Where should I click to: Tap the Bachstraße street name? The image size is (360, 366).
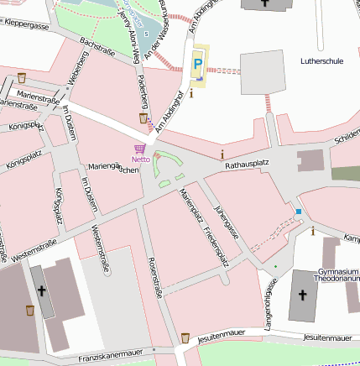97,44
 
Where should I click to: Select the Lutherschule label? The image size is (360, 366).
322,61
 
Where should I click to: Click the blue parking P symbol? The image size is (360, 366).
198,64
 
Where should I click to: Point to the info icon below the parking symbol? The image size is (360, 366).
192,93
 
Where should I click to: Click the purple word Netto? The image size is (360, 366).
140,159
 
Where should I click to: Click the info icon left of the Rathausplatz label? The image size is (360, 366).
222,154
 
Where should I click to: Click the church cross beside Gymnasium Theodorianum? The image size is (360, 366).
303,295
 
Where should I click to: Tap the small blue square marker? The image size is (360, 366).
298,212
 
